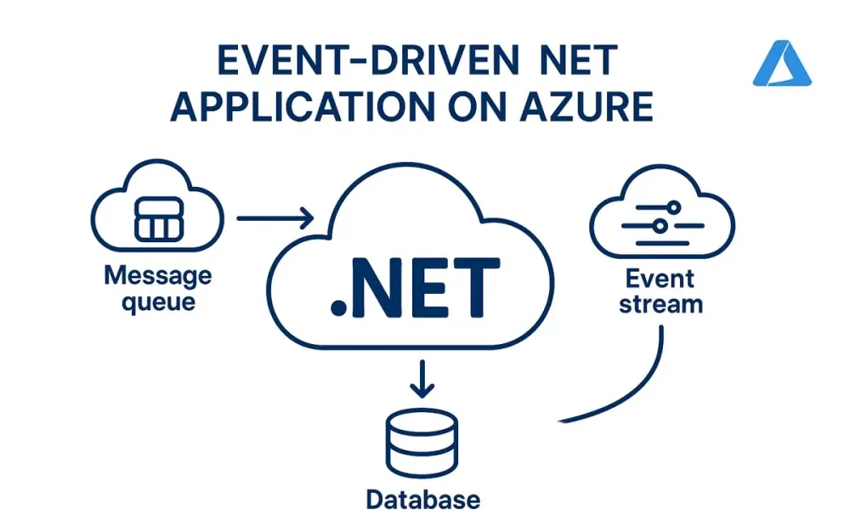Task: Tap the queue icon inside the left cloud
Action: coord(159,219)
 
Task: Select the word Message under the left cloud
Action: coord(158,277)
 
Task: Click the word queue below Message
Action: coord(158,302)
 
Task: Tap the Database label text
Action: coord(422,499)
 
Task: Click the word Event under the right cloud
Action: coord(660,279)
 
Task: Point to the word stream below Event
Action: coord(660,303)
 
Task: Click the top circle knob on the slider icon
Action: coord(672,207)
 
